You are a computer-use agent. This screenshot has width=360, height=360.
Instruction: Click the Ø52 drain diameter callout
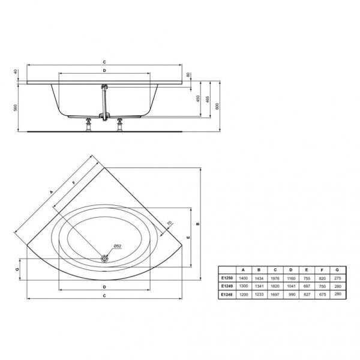[x=118, y=247]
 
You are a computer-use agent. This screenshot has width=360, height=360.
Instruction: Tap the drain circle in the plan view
[x=105, y=259]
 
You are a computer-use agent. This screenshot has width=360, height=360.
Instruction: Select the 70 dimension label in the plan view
[x=169, y=224]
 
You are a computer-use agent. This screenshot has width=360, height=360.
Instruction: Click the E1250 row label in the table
[x=227, y=278]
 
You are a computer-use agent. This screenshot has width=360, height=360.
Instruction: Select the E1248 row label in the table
[x=227, y=294]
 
